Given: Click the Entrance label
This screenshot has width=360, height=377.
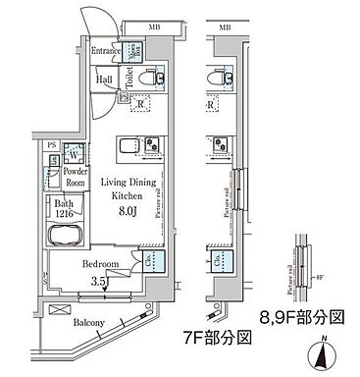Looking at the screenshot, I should point(106,51).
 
